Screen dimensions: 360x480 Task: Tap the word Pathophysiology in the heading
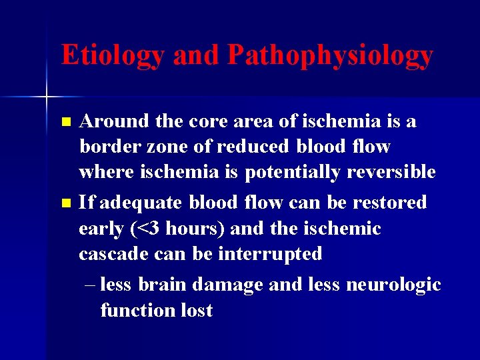330,56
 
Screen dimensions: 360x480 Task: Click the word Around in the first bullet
115,121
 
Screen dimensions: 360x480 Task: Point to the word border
109,146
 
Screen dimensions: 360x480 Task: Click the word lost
197,310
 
